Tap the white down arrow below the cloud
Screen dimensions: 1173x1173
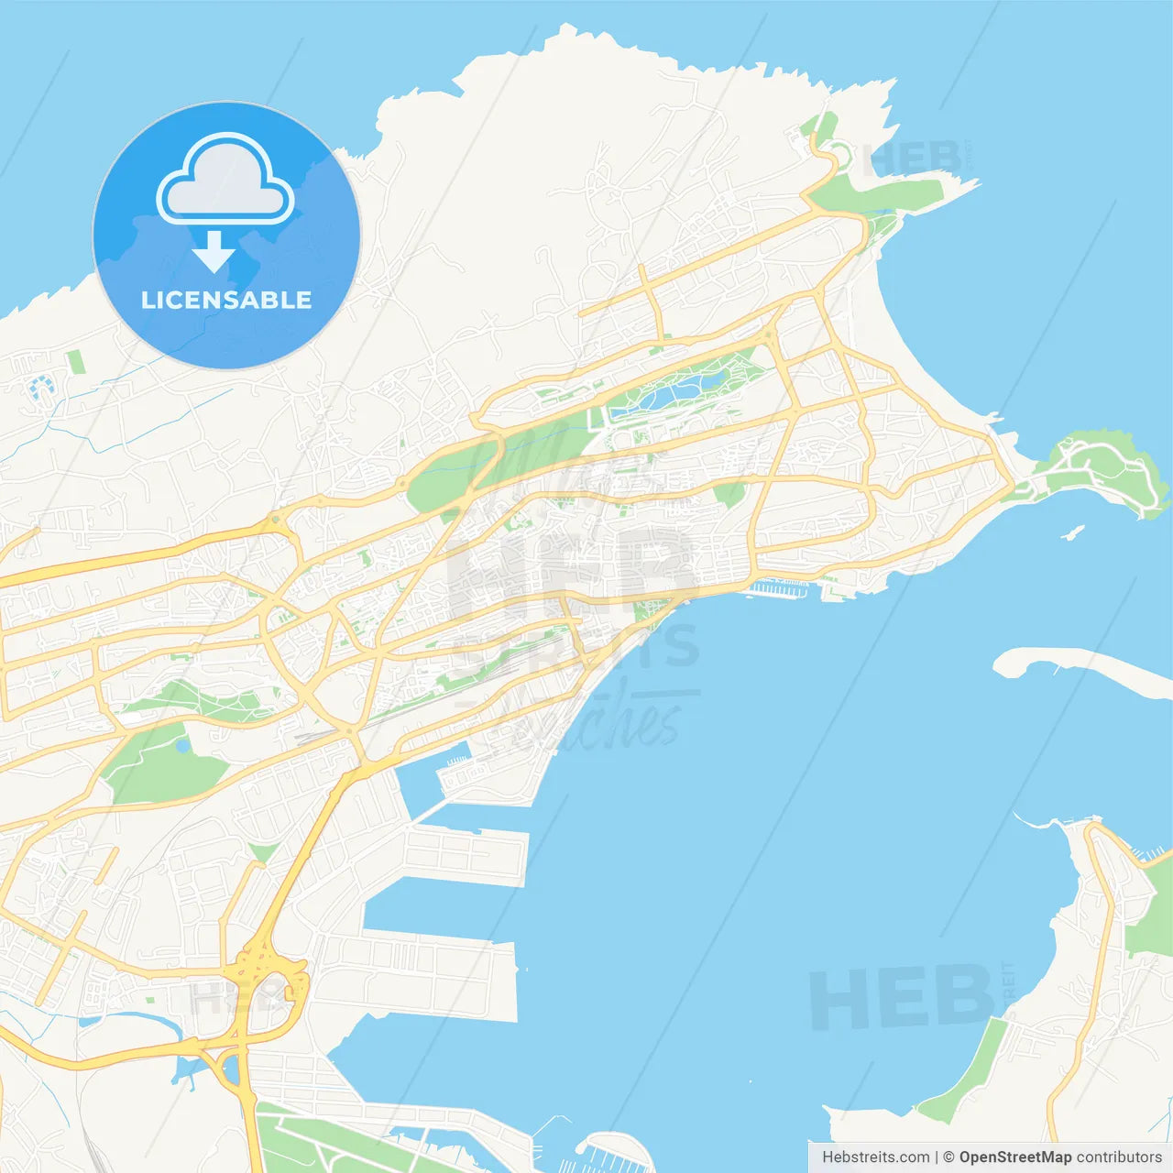pos(214,252)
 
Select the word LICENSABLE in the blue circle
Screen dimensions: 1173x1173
pos(226,301)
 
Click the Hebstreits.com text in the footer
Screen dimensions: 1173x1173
pos(875,1157)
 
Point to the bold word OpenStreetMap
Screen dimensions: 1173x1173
pos(1015,1157)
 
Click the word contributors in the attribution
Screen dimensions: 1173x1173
pos(1119,1157)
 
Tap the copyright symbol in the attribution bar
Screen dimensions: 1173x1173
pos(948,1157)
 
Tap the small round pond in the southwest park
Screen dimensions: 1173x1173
pos(182,746)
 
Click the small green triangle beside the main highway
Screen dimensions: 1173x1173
pos(263,853)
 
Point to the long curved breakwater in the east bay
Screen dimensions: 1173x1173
pos(1081,664)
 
